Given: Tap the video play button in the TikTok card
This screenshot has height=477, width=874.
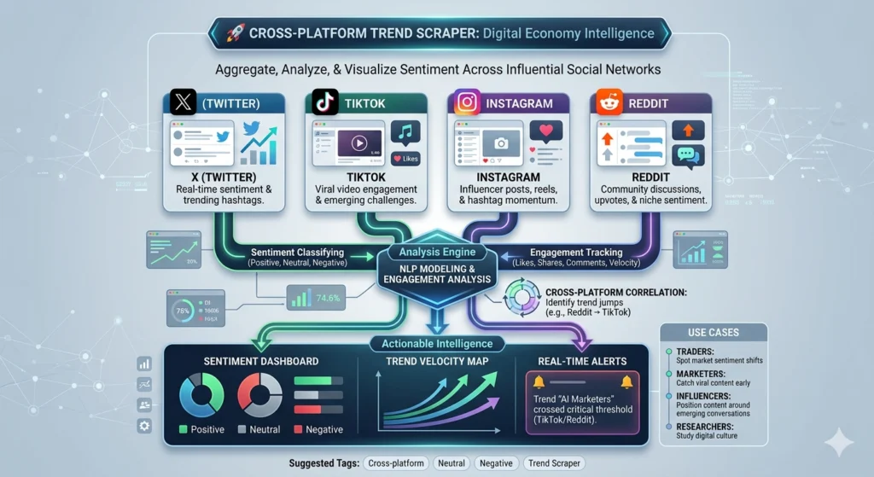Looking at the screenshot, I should (359, 143).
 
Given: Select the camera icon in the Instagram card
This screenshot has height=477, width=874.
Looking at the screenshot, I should (501, 144).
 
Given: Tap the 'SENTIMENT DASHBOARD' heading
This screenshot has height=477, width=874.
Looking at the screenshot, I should (249, 361).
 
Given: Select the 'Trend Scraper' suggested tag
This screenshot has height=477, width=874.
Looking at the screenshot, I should (556, 462).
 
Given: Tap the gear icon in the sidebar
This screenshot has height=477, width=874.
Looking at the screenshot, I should (144, 426).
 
